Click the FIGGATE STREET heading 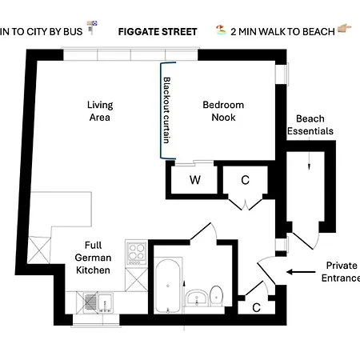(157, 32)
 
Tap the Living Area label (100, 111)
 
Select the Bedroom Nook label (223, 111)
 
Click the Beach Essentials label (309, 125)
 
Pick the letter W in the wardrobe (194, 180)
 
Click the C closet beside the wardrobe (245, 180)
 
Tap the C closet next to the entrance (256, 306)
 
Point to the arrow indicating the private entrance (301, 272)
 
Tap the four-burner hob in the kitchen (136, 254)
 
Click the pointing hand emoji (346, 32)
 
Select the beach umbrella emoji (218, 32)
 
